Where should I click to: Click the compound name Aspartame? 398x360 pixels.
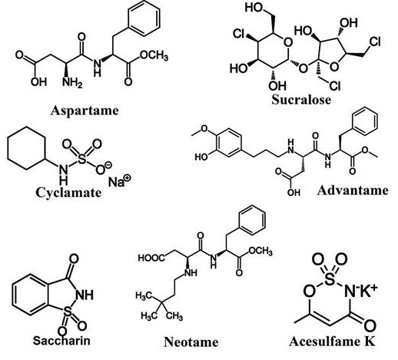[85, 111]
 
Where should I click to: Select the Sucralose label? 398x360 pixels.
[301, 99]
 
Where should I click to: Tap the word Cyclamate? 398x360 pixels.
[68, 192]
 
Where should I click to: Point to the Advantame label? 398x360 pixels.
[353, 191]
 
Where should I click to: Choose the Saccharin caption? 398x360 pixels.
[61, 341]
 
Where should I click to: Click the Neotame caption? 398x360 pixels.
[191, 342]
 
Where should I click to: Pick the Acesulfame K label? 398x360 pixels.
[333, 342]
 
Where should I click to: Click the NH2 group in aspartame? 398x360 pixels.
[72, 82]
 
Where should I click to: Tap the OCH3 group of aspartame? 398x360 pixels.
[154, 55]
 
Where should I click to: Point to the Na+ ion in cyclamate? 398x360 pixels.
[119, 181]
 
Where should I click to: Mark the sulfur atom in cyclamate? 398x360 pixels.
[81, 159]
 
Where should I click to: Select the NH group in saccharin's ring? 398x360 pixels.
[85, 295]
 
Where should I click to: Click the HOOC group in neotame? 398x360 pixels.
[151, 258]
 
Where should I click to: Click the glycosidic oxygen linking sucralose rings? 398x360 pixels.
[303, 68]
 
